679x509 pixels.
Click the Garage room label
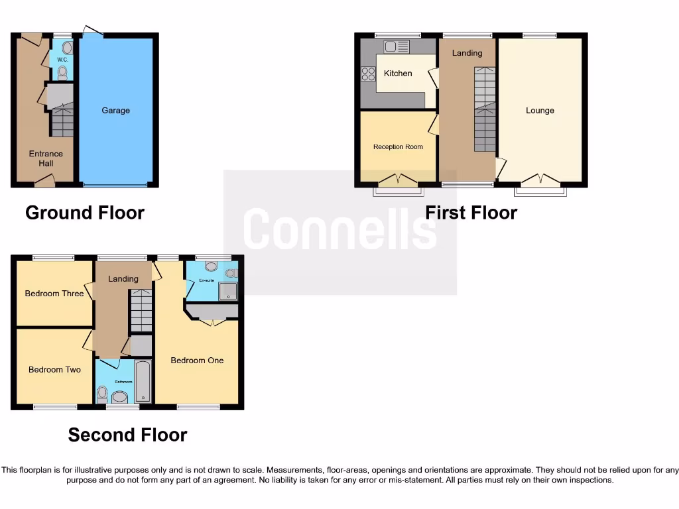point(115,111)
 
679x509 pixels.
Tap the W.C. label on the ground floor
point(62,59)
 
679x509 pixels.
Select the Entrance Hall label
point(46,158)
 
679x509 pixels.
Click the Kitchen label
point(398,74)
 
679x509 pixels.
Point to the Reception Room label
point(398,147)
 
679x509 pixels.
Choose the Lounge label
point(540,111)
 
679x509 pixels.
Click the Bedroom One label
point(197,361)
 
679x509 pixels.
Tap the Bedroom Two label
point(54,370)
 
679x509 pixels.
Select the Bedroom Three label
point(54,294)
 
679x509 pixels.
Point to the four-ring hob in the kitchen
point(367,74)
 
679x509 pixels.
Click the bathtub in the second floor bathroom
point(143,382)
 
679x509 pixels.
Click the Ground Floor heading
point(85,213)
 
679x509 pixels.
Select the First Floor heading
point(471,213)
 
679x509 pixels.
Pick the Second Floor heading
point(127,435)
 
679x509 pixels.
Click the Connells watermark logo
point(339,229)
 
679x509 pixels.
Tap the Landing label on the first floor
point(467,53)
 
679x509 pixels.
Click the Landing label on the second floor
point(123,279)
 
